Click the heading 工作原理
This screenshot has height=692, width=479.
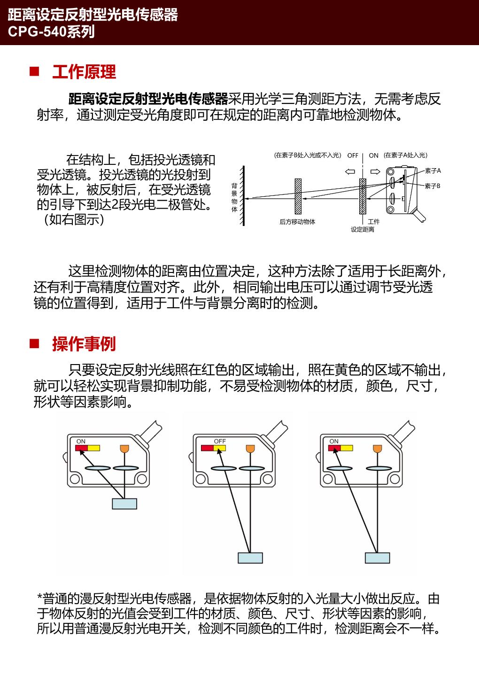[x=84, y=72]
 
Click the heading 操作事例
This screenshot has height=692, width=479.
[x=84, y=344]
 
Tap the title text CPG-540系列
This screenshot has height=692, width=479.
[x=51, y=31]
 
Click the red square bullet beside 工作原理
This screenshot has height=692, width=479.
[x=34, y=72]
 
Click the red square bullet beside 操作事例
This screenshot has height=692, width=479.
[x=34, y=344]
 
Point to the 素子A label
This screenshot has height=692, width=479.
[x=433, y=171]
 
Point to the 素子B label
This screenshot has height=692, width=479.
[x=433, y=186]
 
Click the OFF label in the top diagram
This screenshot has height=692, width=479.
[x=353, y=156]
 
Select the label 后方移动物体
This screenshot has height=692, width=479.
[x=297, y=222]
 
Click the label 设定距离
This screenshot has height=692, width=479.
[x=363, y=230]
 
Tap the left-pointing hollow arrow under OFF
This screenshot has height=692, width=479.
[x=350, y=171]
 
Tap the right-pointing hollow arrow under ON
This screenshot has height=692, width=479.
[x=375, y=171]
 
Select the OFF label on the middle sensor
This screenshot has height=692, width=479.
[x=220, y=441]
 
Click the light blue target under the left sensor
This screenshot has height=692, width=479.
[x=124, y=504]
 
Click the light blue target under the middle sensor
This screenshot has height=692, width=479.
[x=250, y=558]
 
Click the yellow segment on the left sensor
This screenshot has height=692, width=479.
[x=93, y=448]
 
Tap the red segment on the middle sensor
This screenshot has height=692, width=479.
[x=207, y=448]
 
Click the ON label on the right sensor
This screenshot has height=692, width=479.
[x=334, y=441]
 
